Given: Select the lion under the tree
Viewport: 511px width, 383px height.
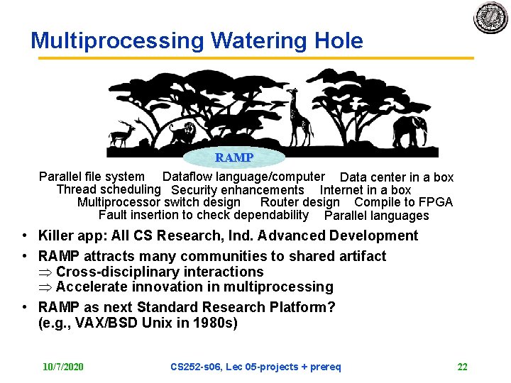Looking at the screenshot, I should point(182,133).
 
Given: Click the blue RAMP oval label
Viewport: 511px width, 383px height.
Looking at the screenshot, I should point(234,157).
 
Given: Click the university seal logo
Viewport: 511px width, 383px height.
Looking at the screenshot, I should point(491,18).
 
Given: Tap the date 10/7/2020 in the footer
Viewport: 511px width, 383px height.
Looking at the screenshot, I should point(62,367).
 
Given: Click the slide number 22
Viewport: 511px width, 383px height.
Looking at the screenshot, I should point(462,367).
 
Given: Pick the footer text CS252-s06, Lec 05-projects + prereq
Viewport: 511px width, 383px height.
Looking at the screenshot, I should point(255,367).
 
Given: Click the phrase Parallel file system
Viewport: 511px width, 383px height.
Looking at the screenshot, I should point(92,177).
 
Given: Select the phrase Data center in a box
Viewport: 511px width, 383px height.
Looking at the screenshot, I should point(396,177).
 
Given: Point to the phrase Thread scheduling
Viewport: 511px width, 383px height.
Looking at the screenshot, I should point(108,189).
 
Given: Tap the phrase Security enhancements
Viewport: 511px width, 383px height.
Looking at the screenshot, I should point(237,190).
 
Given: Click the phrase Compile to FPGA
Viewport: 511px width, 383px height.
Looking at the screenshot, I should point(403,202).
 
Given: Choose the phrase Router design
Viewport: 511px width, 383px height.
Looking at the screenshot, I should point(300,202).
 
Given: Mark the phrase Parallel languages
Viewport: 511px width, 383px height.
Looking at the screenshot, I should point(376,216).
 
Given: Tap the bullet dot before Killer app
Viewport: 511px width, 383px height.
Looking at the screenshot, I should point(25,236).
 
